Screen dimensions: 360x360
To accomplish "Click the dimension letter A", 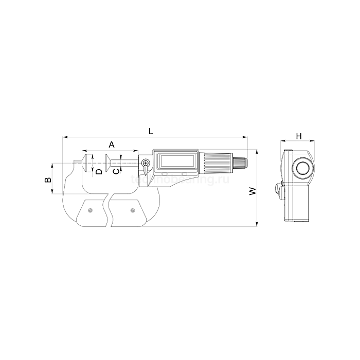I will coord(112,145).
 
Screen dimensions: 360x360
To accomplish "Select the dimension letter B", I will coord(47,179).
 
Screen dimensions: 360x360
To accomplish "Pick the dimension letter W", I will coord(253,191).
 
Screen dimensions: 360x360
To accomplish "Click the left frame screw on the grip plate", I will coord(91,209).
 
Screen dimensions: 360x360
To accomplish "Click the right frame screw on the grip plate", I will coord(133,209).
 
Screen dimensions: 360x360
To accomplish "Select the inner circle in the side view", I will coord(302,169).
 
